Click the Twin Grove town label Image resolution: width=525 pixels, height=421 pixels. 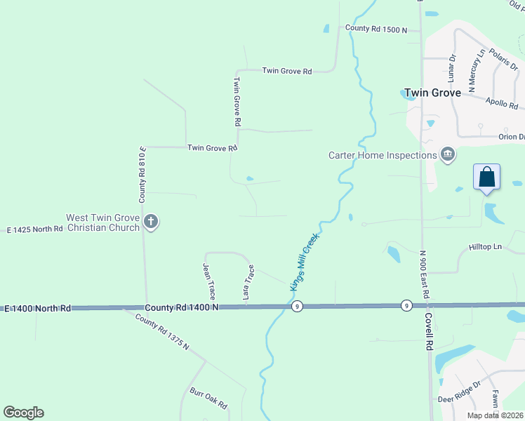tap(432, 93)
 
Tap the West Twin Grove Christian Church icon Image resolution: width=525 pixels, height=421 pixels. tap(150, 222)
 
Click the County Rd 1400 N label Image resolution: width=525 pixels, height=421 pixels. tap(182, 307)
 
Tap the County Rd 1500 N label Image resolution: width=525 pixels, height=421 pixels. tap(376, 29)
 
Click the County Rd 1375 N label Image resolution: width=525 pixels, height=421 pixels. tap(163, 332)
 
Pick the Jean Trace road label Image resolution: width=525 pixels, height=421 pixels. tap(208, 281)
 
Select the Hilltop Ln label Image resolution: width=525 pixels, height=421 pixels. tap(486, 247)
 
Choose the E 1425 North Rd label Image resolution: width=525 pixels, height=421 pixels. tap(35, 229)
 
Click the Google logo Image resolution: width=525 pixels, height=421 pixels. tap(23, 413)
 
